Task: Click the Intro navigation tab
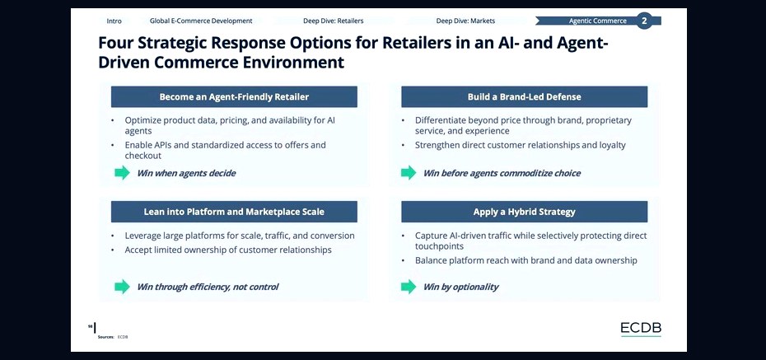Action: coord(114,21)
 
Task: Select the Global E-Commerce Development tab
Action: coord(201,21)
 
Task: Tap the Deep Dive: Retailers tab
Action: coord(334,21)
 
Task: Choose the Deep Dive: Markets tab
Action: coord(465,21)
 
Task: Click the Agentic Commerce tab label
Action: coord(597,21)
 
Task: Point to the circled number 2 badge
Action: coord(644,21)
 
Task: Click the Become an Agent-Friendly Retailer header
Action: coord(234,96)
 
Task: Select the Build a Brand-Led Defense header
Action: coord(524,96)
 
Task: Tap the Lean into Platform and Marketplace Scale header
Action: coord(234,212)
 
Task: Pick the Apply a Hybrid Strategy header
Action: coord(524,212)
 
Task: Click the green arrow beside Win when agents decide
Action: coord(122,172)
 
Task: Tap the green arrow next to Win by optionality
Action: coord(409,287)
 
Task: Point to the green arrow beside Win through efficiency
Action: coord(122,287)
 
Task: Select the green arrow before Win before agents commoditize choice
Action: coord(409,172)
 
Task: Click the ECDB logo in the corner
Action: coord(641,329)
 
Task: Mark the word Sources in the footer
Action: coord(105,337)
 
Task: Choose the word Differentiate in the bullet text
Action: coord(441,120)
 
